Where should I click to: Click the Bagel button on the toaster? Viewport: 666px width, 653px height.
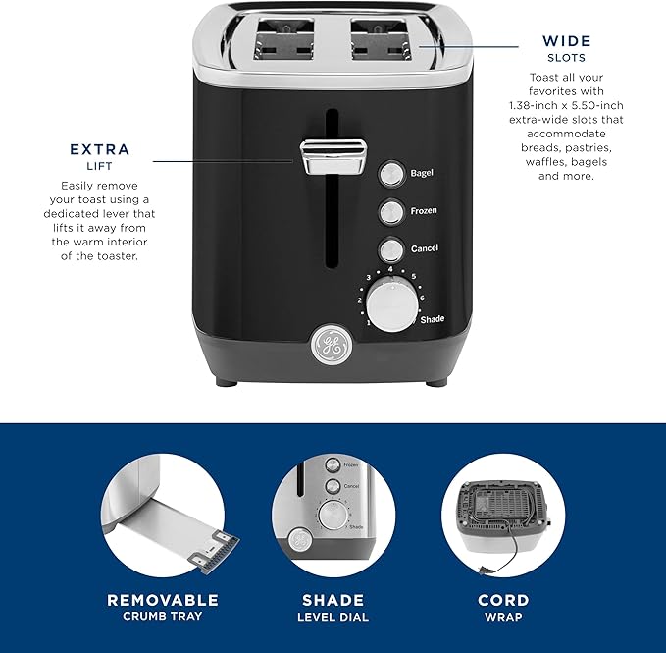[x=391, y=174]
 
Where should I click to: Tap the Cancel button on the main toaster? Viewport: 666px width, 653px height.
[x=391, y=248]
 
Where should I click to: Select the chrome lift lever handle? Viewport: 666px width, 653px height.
[x=333, y=156]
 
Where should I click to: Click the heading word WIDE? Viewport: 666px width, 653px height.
[x=567, y=41]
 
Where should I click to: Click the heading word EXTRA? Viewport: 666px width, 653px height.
[x=99, y=150]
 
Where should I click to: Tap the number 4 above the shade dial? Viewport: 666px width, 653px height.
[x=390, y=268]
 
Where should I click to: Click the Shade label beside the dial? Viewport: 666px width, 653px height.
[x=432, y=320]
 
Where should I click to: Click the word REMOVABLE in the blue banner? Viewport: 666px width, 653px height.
[x=163, y=600]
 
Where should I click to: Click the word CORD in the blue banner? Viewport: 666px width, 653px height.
[x=503, y=600]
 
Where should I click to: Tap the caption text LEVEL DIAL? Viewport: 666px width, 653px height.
[x=333, y=617]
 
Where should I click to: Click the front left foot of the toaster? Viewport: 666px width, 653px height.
[x=230, y=377]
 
